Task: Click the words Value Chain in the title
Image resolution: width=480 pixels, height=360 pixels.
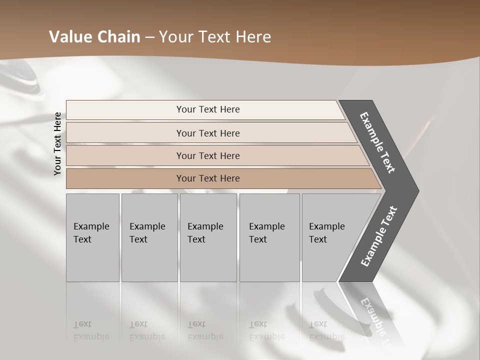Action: coord(94,37)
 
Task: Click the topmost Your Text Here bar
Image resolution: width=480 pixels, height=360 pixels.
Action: coord(208,109)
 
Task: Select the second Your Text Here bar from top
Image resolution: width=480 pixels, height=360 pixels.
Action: coord(208,133)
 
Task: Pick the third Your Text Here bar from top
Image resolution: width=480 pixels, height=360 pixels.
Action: coord(208,155)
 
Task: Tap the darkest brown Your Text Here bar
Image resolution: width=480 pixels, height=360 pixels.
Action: coord(208,178)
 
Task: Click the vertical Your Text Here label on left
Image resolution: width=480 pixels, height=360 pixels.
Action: coord(57,143)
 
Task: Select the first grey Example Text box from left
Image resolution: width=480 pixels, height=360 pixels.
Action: coord(92,237)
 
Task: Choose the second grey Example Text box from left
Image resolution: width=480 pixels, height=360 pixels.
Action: coord(149,237)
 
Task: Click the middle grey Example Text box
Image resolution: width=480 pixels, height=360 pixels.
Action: coord(208,237)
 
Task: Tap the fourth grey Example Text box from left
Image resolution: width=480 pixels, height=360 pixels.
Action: coord(269,237)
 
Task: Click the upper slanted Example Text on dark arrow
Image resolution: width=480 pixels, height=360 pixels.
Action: coord(377,142)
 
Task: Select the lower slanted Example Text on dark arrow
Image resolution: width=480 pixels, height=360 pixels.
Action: coord(379,236)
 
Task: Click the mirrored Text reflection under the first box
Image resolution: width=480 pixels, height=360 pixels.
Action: coord(82,324)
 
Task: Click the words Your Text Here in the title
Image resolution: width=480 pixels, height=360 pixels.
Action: coord(215,37)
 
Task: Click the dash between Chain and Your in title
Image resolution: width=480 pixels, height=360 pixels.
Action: coord(149,37)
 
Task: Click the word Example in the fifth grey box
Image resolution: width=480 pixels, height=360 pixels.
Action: coord(326,226)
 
